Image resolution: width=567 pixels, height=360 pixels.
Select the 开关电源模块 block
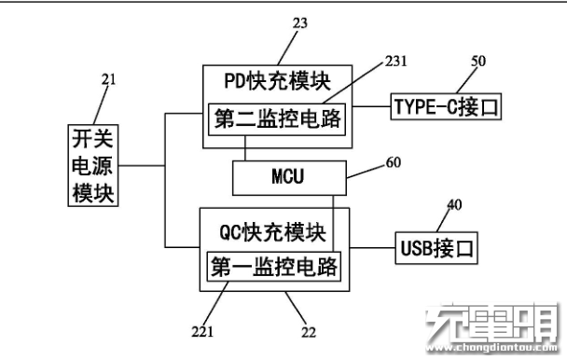[92, 166]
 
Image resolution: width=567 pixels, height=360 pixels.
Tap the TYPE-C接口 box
[446, 106]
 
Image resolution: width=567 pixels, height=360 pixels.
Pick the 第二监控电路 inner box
[276, 118]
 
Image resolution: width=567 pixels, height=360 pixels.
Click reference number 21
[108, 81]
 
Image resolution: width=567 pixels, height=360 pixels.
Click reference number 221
[202, 329]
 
